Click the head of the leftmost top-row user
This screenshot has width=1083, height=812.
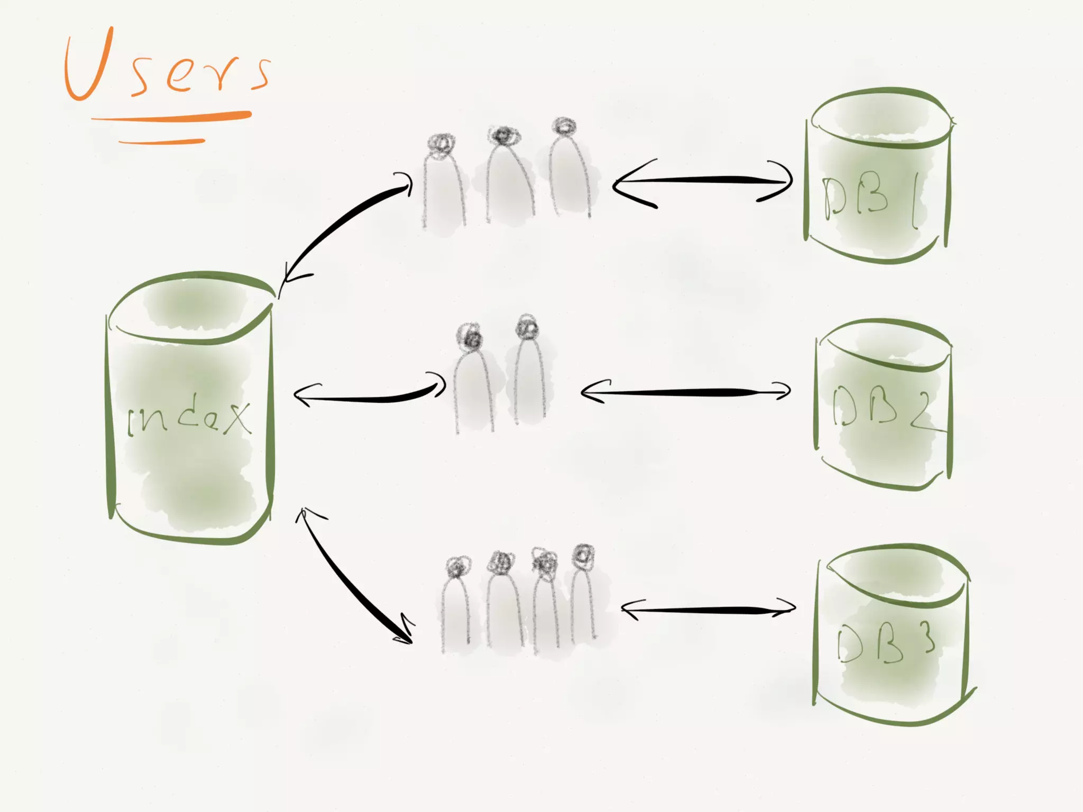click(x=441, y=143)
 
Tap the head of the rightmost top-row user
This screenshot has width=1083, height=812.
click(x=564, y=127)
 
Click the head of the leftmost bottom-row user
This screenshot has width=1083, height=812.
click(x=457, y=567)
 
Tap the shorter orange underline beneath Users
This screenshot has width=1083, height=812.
click(x=161, y=142)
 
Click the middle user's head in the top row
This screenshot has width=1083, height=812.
click(x=503, y=136)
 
